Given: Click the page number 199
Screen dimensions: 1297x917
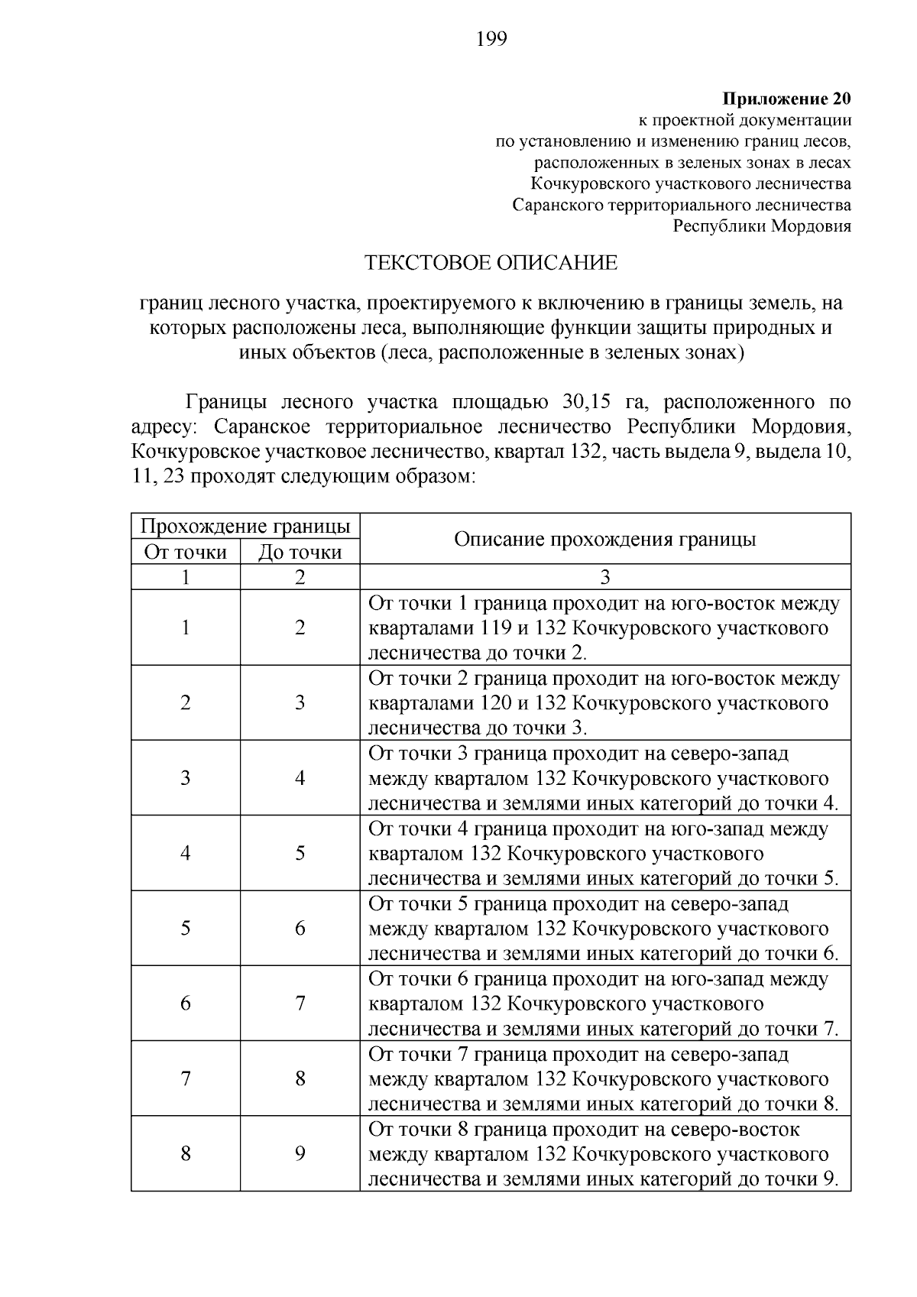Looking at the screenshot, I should click(x=491, y=39).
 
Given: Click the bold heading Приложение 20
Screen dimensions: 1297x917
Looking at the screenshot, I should click(x=786, y=99).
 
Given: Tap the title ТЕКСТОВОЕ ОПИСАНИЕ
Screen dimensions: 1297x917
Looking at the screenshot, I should click(x=491, y=263).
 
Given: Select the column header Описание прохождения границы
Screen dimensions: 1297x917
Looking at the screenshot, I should click(x=604, y=539).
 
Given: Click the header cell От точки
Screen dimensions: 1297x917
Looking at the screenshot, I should click(x=185, y=552).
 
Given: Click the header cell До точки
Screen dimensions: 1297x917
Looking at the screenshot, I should click(x=300, y=552).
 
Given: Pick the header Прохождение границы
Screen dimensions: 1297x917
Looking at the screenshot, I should click(x=245, y=527).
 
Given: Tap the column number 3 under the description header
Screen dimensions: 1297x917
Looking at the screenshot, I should click(x=605, y=577).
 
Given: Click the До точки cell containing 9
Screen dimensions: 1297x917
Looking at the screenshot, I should click(x=300, y=1153).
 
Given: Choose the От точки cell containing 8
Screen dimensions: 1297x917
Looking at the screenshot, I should click(x=185, y=1153).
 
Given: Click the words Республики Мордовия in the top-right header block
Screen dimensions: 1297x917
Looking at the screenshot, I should click(x=761, y=226).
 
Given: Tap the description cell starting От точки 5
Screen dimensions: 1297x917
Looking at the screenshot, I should click(x=604, y=929).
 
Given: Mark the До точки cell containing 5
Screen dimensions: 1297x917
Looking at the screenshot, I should click(x=300, y=853).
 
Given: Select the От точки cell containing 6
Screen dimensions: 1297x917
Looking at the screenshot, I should click(x=185, y=1003).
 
